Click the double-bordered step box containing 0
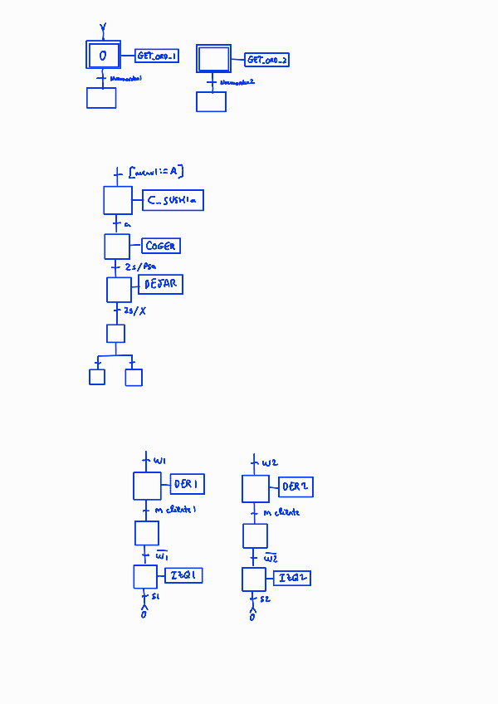(x=104, y=56)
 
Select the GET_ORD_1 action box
(x=157, y=56)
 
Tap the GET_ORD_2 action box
(x=267, y=60)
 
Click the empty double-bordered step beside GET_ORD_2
(x=212, y=59)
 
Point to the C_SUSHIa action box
(x=173, y=200)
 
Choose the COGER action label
(x=161, y=246)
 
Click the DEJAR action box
(x=160, y=284)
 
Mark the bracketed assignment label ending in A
(x=158, y=172)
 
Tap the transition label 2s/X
(x=134, y=310)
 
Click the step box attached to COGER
(x=117, y=247)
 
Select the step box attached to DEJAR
(x=119, y=289)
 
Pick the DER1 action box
(x=188, y=484)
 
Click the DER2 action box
(x=295, y=486)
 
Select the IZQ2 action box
(x=293, y=578)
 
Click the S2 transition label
(x=264, y=599)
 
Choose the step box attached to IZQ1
(x=145, y=576)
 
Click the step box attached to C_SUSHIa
(x=118, y=200)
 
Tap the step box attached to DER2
(x=256, y=488)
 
